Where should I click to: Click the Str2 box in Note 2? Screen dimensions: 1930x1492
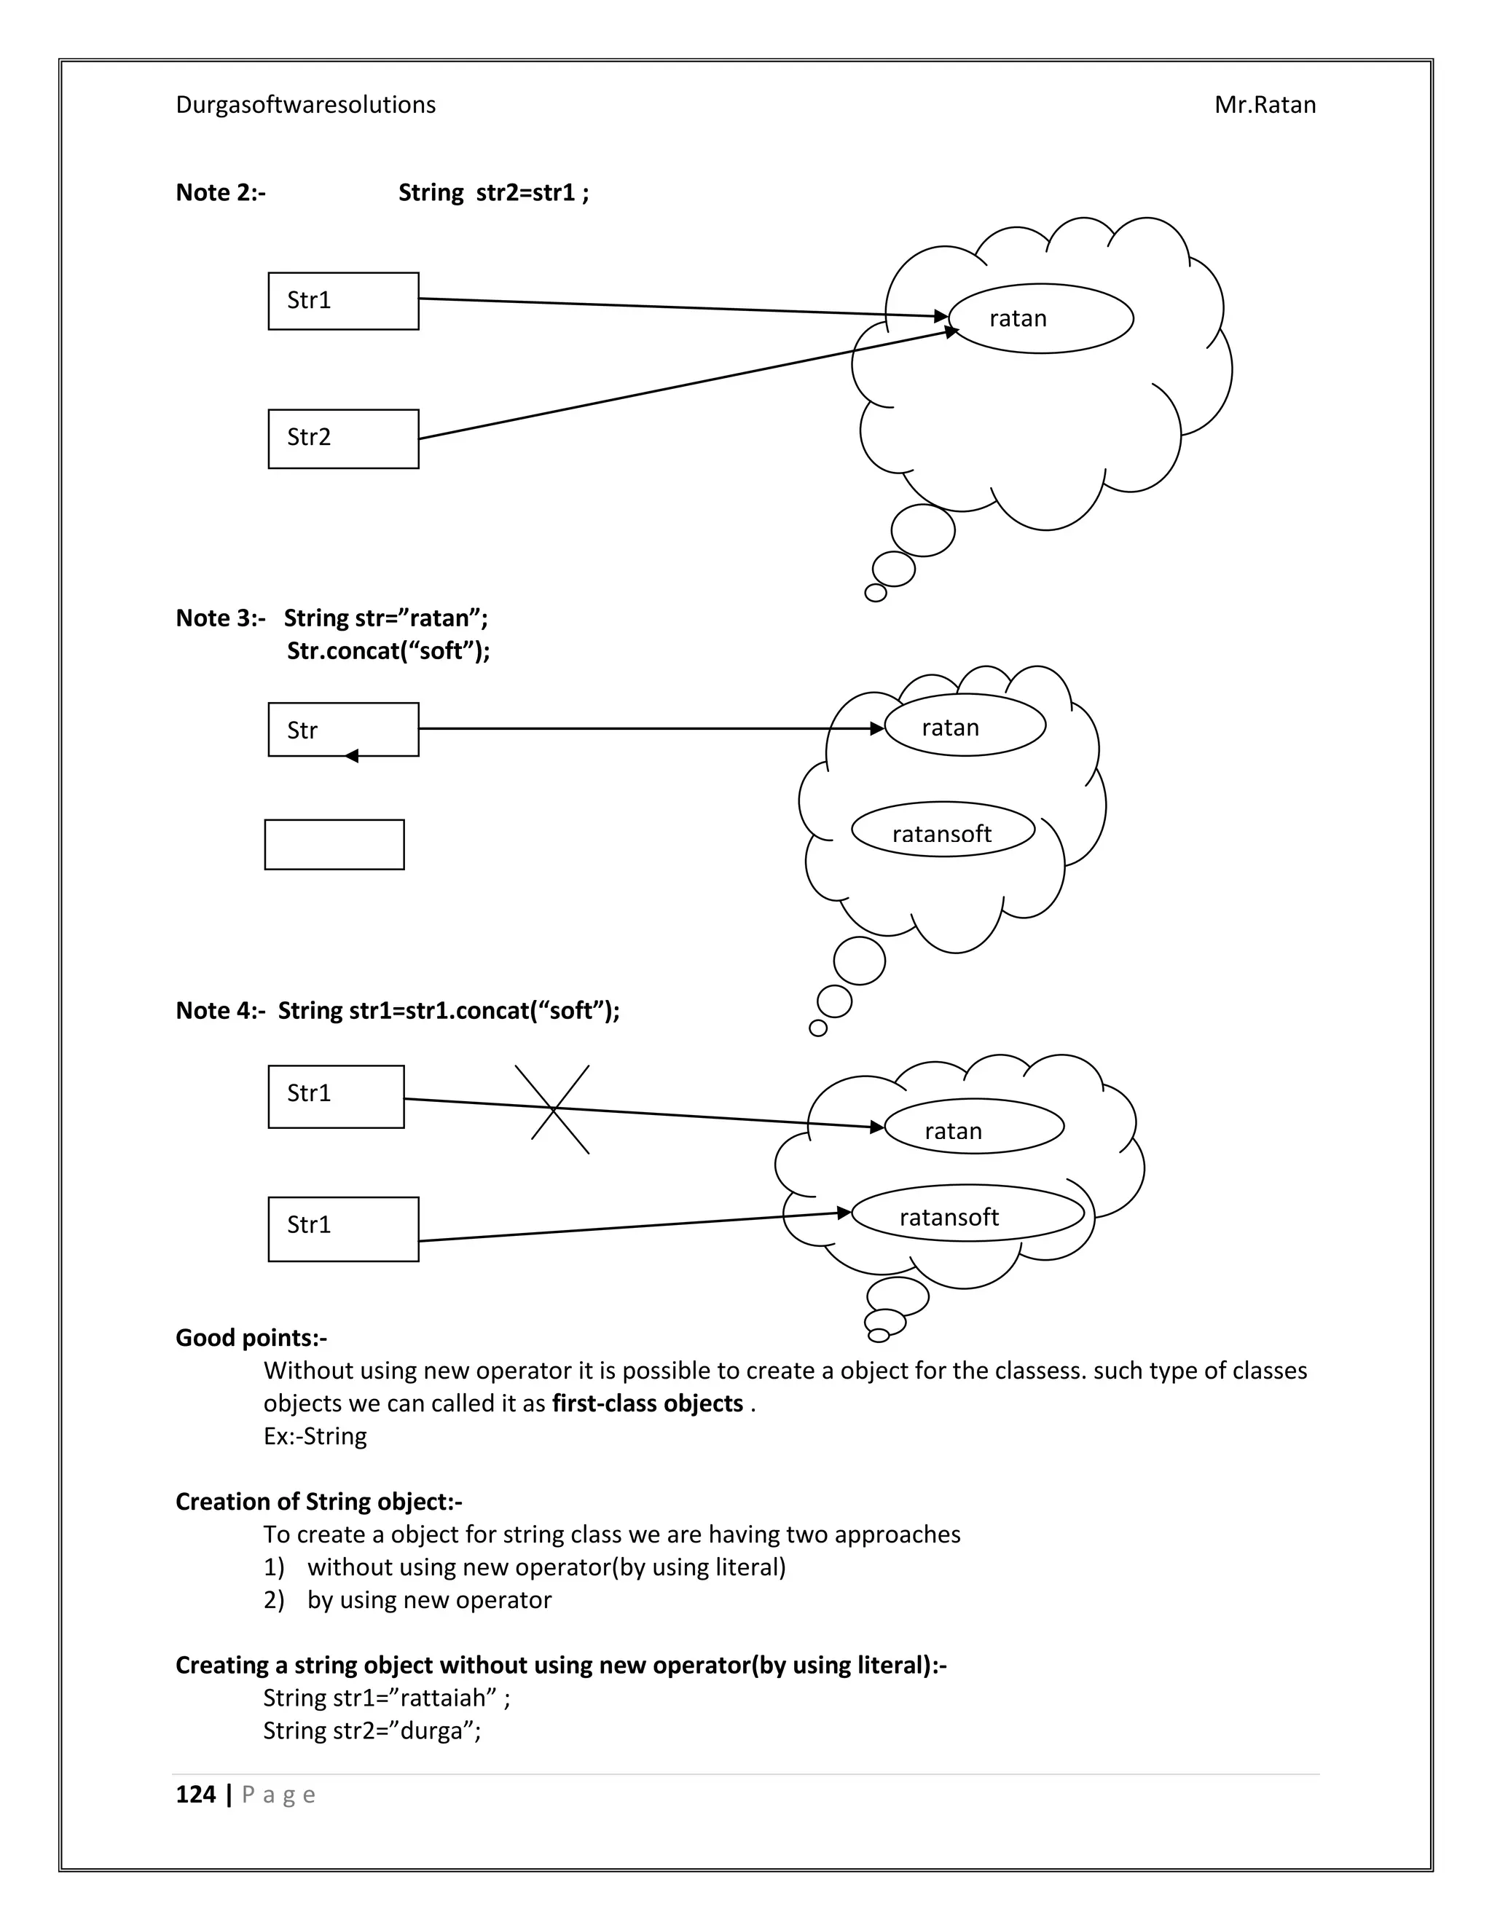click(x=343, y=438)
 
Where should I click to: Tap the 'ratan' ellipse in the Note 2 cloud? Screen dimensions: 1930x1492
click(x=1040, y=318)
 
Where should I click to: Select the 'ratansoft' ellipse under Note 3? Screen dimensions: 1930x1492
click(x=942, y=830)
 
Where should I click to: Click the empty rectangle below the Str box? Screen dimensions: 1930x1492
click(x=334, y=844)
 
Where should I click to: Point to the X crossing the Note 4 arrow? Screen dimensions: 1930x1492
click(x=554, y=1108)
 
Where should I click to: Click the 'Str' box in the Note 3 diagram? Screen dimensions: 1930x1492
click(x=343, y=729)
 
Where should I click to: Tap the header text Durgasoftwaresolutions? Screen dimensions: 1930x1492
click(x=305, y=104)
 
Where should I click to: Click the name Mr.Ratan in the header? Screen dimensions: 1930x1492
click(x=1264, y=104)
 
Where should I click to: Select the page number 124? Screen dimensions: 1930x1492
click(x=195, y=1794)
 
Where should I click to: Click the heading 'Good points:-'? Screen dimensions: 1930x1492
click(x=251, y=1337)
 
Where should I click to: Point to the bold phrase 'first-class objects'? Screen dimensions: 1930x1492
click(x=647, y=1403)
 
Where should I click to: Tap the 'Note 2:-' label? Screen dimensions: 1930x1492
click(x=220, y=192)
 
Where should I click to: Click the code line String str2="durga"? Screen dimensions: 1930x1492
click(x=372, y=1730)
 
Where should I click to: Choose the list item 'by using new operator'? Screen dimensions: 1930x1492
click(x=428, y=1599)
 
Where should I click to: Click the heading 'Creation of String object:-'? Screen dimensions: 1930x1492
click(x=318, y=1502)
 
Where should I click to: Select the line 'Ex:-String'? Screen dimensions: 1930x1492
click(x=315, y=1436)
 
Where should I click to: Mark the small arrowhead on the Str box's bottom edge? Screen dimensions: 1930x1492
click(x=351, y=755)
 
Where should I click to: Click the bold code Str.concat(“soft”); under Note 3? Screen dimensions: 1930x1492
click(x=388, y=650)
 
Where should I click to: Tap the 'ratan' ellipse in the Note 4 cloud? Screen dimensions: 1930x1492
click(x=973, y=1126)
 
